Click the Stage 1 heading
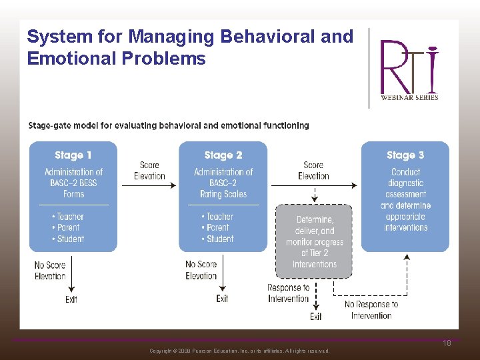pos(73,155)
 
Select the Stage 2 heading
pos(223,155)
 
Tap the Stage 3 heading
pos(405,155)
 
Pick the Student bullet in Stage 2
pos(217,239)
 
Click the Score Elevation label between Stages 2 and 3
pos(313,171)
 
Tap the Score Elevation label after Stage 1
pos(149,171)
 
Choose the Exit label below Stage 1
pos(71,299)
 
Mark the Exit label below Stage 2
pos(223,298)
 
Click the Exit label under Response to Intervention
pos(316,316)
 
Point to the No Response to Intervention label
pos(371,309)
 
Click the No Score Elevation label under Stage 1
pos(50,271)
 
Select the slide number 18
pos(447,343)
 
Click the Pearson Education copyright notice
pos(239,351)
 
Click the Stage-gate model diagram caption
pos(169,125)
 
